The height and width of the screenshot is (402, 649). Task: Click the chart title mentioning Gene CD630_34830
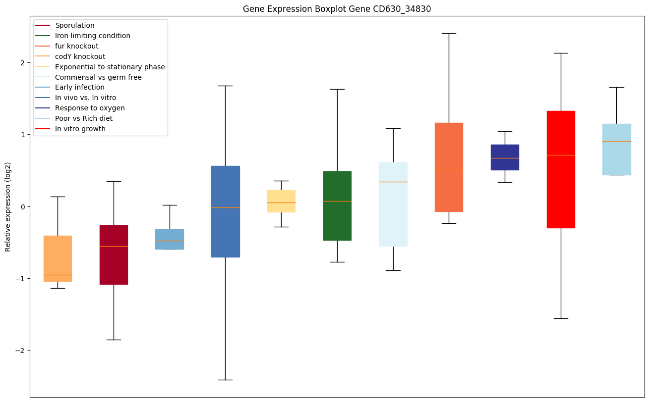[333, 9]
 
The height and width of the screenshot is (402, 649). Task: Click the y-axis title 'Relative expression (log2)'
[8, 206]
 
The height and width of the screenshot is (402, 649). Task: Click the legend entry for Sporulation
[75, 25]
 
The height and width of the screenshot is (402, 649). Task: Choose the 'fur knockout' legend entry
[77, 46]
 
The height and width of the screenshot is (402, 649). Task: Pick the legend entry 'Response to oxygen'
[90, 108]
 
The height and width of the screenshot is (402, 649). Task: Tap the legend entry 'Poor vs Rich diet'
[84, 118]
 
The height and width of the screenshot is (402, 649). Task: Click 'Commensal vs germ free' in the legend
[98, 77]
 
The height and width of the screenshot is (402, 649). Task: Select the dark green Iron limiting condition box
[337, 205]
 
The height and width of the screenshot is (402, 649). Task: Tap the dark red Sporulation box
[114, 254]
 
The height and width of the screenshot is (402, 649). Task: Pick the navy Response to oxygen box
[505, 157]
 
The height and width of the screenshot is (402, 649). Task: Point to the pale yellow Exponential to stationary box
[281, 201]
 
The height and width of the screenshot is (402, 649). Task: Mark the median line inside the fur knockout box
[449, 170]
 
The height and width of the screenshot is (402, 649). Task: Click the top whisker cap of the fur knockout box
[449, 33]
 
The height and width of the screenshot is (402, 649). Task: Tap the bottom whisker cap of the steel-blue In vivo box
[226, 380]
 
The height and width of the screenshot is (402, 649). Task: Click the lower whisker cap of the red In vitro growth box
[561, 318]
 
